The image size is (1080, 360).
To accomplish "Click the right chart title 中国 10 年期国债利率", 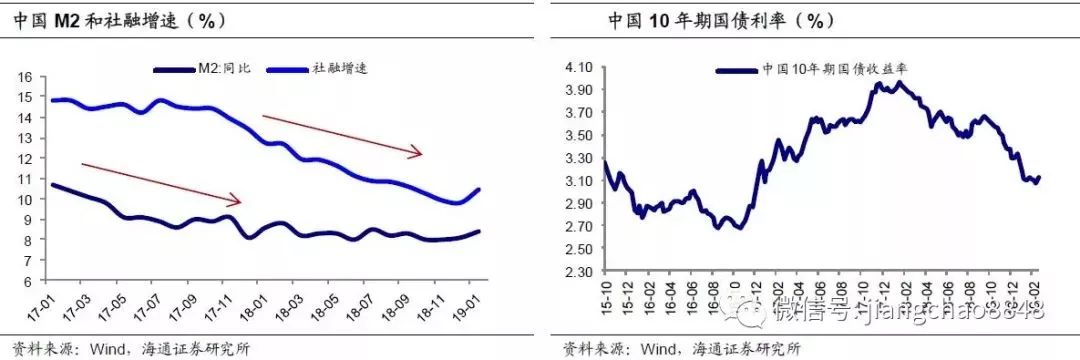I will tap(721, 20).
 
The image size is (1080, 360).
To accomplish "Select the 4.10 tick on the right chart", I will tap(579, 67).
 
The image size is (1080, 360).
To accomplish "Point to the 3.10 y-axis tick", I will tap(579, 181).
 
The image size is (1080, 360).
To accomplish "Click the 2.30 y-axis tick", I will tap(579, 271).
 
